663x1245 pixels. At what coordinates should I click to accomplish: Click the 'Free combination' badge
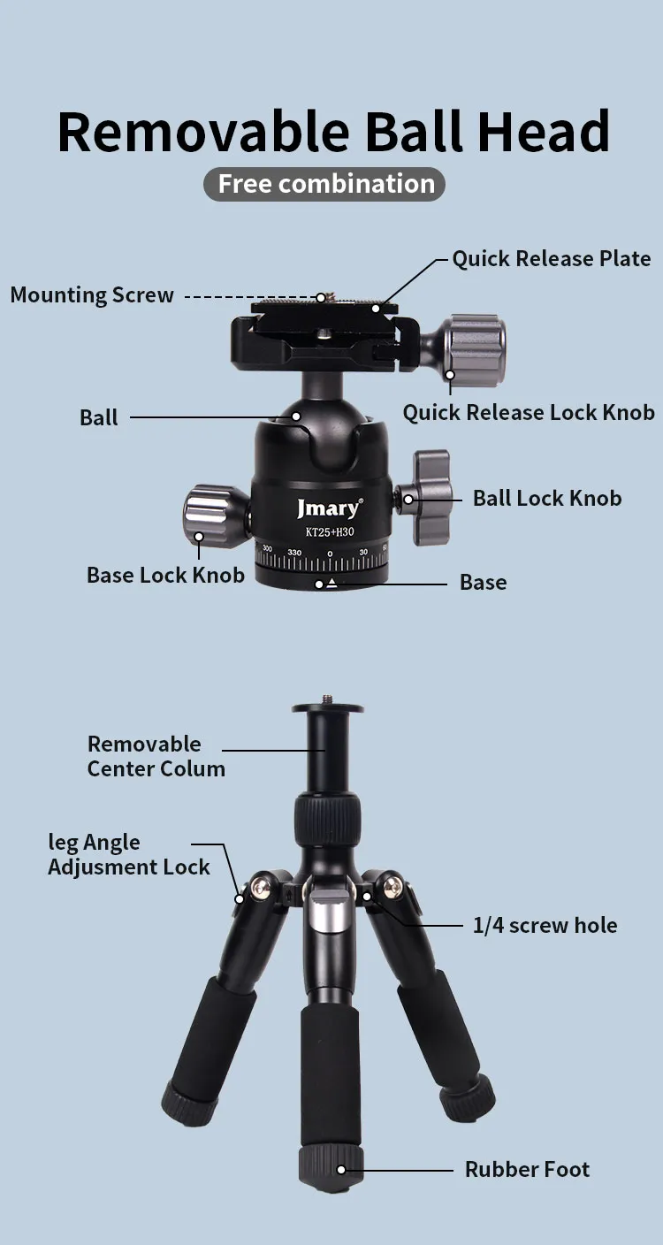(x=325, y=184)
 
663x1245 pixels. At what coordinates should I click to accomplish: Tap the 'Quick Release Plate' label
(x=551, y=259)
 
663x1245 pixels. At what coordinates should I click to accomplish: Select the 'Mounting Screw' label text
(x=92, y=295)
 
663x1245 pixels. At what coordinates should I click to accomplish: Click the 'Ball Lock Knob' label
(x=546, y=498)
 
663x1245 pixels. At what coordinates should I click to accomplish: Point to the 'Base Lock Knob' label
(x=165, y=575)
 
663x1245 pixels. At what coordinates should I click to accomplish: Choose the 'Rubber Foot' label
(x=527, y=1169)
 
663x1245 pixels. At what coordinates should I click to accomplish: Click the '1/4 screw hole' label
(x=545, y=926)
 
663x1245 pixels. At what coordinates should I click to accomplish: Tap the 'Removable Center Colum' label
(x=156, y=756)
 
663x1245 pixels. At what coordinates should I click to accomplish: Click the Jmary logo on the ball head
(x=328, y=508)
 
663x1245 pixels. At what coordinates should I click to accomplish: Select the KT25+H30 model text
(x=328, y=531)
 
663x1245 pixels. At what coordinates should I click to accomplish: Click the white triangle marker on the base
(x=331, y=582)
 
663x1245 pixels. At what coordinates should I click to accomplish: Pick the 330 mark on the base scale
(x=294, y=553)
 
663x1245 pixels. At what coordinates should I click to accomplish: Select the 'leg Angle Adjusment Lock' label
(x=128, y=855)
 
